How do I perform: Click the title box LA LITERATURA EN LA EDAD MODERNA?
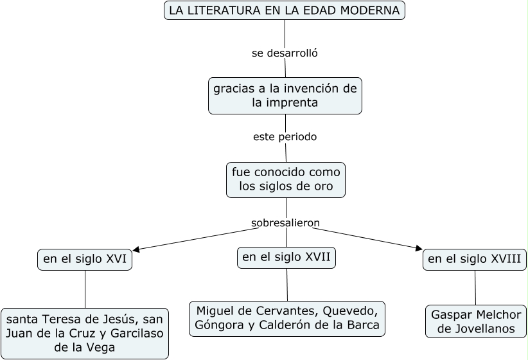pos(285,11)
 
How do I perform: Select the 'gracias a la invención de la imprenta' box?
pos(285,95)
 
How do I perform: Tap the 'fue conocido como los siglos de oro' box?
pos(286,179)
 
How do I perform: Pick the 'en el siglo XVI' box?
pos(85,260)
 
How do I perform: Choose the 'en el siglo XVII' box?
pos(286,258)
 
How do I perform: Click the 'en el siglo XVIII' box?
pos(475,260)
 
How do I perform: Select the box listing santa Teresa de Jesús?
pos(85,333)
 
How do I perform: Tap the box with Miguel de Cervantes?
pos(287,318)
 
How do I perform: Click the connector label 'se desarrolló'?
pos(285,53)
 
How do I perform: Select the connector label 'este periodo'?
pos(285,137)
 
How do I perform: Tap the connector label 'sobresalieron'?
pos(285,223)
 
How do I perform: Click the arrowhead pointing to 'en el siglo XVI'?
pos(136,249)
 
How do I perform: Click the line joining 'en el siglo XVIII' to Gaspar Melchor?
pos(475,287)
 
